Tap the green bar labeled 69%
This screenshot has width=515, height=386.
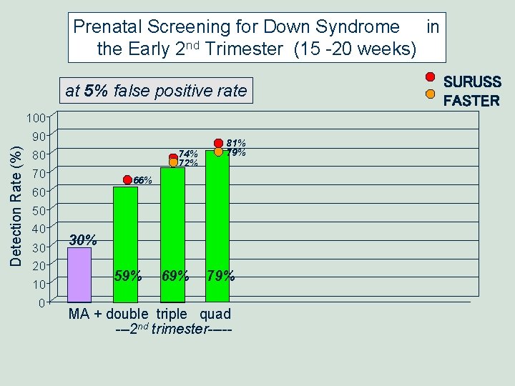tap(173, 232)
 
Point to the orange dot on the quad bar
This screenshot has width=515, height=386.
tap(219, 152)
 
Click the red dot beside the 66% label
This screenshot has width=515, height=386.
tap(127, 180)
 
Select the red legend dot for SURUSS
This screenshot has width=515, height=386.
tap(430, 77)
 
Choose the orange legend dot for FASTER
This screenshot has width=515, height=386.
tap(430, 93)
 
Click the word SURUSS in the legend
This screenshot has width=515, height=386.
tap(472, 83)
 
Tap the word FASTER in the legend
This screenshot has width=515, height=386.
tap(471, 101)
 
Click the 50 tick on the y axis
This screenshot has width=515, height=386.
tap(40, 210)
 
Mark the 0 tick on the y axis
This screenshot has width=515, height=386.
tap(43, 302)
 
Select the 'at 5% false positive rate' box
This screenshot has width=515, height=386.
tap(155, 91)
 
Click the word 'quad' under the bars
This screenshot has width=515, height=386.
tap(215, 314)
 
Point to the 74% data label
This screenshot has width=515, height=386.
tap(188, 154)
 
